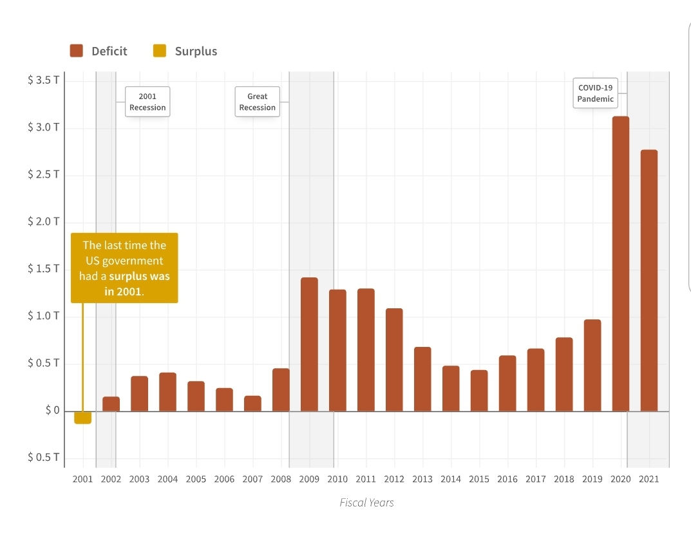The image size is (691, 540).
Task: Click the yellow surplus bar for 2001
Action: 82,417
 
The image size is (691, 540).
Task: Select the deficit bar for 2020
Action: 621,264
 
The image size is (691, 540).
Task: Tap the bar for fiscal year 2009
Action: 309,344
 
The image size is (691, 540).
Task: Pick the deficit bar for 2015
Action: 479,391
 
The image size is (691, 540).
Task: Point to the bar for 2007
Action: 252,404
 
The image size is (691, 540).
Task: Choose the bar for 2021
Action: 649,281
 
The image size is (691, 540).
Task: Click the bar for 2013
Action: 422,379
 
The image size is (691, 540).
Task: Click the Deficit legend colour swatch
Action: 77,51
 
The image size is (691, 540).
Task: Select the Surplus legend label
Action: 196,51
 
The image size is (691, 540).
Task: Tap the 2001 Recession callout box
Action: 147,102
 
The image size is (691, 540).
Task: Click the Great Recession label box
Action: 257,102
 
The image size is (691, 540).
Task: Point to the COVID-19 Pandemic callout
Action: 595,93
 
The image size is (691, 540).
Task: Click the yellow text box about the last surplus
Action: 124,268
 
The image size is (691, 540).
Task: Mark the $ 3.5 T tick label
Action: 44,80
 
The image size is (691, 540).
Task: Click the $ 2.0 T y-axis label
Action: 44,222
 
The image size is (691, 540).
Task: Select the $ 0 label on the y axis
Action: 52,410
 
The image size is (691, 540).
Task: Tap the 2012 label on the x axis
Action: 394,479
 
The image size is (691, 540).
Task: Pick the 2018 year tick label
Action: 564,479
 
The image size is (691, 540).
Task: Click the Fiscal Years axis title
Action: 366,503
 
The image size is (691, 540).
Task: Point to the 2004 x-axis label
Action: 167,479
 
